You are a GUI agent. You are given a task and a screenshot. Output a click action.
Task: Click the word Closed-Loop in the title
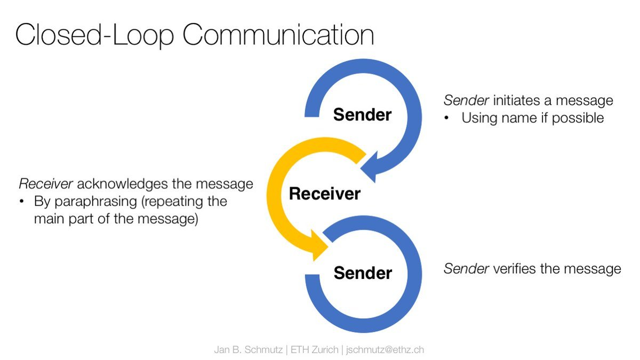click(95, 35)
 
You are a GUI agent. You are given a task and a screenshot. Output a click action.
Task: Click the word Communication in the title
click(278, 34)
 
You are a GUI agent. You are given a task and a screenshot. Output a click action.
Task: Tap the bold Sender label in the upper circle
click(362, 115)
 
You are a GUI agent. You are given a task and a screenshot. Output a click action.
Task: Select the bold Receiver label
click(325, 194)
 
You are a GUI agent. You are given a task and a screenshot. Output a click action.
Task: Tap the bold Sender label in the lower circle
click(363, 273)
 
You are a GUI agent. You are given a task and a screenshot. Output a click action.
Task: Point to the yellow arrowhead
click(318, 246)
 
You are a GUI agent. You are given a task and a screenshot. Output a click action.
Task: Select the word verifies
click(515, 269)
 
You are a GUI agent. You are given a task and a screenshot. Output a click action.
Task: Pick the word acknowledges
click(123, 184)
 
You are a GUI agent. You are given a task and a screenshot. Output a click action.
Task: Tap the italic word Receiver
click(46, 183)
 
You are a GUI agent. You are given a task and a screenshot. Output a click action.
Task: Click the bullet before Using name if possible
click(446, 118)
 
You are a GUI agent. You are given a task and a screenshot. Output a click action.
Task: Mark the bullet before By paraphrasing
click(22, 202)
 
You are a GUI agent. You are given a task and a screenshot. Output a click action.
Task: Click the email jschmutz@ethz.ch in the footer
click(385, 350)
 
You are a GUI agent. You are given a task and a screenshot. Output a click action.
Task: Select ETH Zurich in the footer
click(314, 350)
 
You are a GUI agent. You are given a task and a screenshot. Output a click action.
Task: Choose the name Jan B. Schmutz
click(249, 350)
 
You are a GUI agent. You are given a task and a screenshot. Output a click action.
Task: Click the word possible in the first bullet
click(578, 118)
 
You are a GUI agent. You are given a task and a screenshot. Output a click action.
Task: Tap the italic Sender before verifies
click(466, 269)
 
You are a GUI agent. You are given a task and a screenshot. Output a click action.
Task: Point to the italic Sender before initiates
click(466, 100)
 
